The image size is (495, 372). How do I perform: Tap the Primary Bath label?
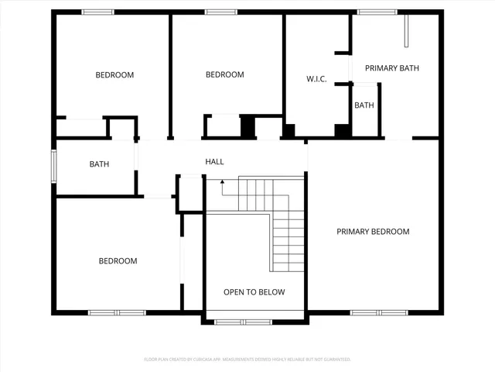click(x=392, y=68)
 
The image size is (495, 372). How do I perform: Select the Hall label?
click(x=214, y=162)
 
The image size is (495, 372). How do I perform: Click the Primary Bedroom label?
click(x=373, y=232)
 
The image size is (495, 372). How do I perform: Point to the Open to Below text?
click(x=254, y=292)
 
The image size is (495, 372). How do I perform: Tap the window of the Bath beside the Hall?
click(x=53, y=164)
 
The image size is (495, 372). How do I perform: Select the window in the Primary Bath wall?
click(x=377, y=12)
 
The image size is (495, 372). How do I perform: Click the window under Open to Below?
click(x=243, y=321)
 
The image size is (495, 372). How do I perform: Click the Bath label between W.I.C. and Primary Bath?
click(x=364, y=105)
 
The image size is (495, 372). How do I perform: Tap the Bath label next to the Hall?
click(x=99, y=164)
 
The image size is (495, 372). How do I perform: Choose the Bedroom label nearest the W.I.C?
click(x=224, y=75)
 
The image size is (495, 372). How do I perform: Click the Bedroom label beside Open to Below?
click(x=118, y=261)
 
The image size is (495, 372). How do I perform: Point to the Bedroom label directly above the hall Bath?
click(x=114, y=75)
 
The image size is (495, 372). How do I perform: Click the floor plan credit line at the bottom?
click(x=247, y=360)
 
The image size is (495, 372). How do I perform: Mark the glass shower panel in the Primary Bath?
click(x=406, y=29)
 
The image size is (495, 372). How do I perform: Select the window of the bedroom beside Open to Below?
click(x=117, y=312)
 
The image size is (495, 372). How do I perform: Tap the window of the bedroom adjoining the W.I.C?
click(x=221, y=12)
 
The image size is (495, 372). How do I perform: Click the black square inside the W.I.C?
click(x=341, y=130)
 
